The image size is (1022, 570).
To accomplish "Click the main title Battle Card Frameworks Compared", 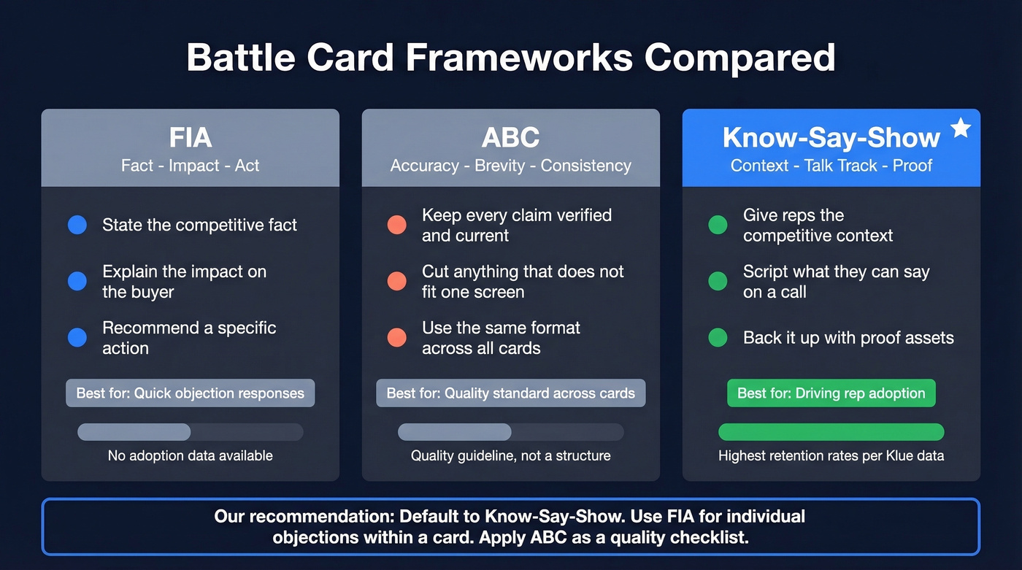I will (511, 57).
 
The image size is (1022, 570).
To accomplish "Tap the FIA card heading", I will (191, 137).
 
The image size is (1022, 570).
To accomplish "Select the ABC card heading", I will (510, 137).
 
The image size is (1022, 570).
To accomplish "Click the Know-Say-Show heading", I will (831, 137).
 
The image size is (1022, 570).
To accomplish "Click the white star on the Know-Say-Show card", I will (961, 128).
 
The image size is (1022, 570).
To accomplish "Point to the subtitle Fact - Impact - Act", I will (191, 166).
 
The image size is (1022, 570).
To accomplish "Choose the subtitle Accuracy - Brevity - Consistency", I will (510, 166).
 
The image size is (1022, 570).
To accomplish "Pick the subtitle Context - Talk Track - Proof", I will (831, 166).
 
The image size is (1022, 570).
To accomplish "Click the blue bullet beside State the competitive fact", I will (77, 225).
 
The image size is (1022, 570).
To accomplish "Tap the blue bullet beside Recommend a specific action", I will (77, 338).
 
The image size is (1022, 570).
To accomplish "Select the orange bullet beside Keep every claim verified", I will (397, 225).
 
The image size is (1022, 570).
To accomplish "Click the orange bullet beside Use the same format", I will (397, 338).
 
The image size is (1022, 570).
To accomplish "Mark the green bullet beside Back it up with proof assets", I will (718, 338).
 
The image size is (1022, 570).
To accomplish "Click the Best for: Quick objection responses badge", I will (191, 393).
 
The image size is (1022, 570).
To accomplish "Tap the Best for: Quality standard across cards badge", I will (510, 393).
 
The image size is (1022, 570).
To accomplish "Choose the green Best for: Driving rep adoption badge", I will (831, 393).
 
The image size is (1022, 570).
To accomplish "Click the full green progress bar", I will (831, 432).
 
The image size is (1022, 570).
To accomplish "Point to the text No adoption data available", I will (191, 456).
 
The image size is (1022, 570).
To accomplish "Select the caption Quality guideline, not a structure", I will (510, 456).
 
